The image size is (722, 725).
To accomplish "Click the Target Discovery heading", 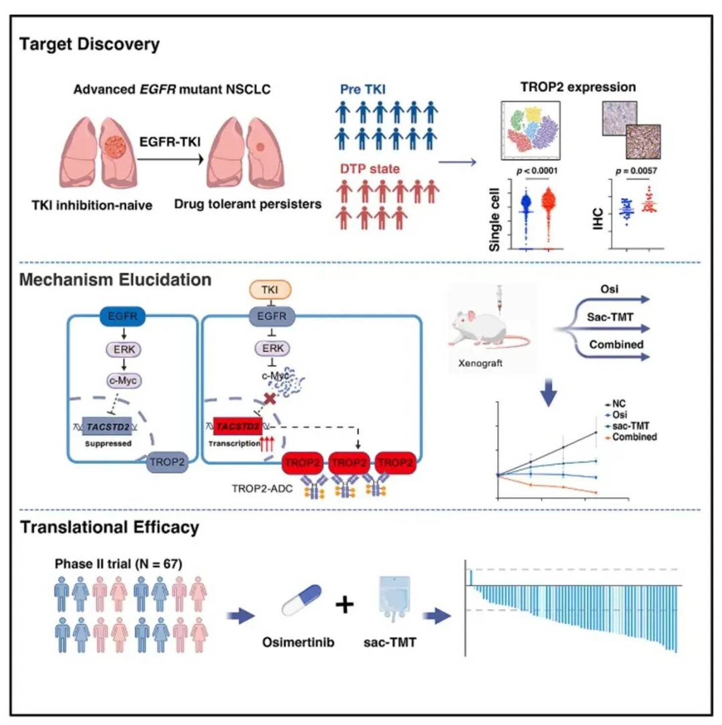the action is tap(89, 44).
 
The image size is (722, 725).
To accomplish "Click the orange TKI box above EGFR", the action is tap(271, 290).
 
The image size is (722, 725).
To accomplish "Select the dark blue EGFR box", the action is tap(122, 316).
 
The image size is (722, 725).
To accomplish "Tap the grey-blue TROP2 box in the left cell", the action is tap(167, 462).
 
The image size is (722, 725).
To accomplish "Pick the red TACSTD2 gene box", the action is tap(238, 427).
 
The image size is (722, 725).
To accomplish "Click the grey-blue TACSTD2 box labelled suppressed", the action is tap(108, 427).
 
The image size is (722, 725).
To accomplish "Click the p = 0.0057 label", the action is tap(636, 171).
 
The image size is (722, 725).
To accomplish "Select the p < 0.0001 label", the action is tap(537, 171).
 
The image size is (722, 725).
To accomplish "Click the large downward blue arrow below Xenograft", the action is tap(548, 393).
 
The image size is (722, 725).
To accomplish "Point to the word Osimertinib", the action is tap(298, 642).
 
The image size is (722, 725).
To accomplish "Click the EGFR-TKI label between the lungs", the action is tap(170, 141).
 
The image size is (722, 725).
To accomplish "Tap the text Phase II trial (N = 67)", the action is tap(119, 564).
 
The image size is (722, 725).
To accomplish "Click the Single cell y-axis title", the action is tap(494, 219).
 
